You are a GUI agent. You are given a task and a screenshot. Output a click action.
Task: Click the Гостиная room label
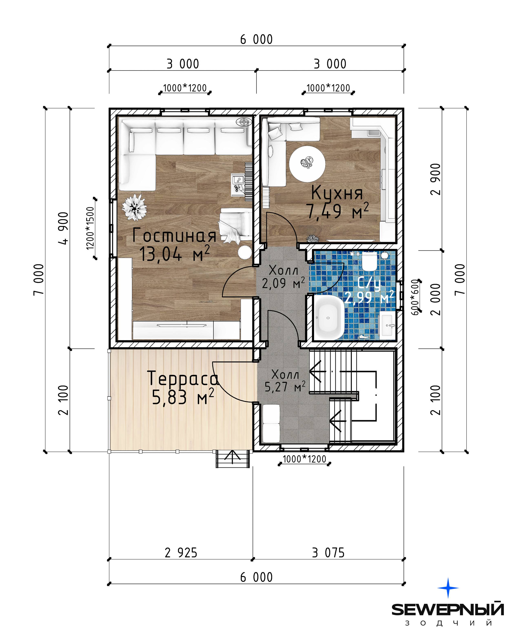point(174,236)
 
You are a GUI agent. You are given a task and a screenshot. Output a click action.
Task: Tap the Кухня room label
point(337,193)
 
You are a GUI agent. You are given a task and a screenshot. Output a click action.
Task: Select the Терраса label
point(183,378)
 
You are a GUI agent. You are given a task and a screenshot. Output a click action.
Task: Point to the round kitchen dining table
point(307,164)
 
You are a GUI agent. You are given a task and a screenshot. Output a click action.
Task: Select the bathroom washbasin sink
point(387,325)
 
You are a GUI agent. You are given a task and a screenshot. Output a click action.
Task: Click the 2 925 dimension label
point(181,553)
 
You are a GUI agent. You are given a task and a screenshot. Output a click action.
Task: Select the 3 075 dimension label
point(328,553)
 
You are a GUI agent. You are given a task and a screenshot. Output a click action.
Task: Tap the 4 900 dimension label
point(64,228)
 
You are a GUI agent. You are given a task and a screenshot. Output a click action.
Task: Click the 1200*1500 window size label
point(90,228)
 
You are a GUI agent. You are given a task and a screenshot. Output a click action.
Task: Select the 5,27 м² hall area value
point(285,387)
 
